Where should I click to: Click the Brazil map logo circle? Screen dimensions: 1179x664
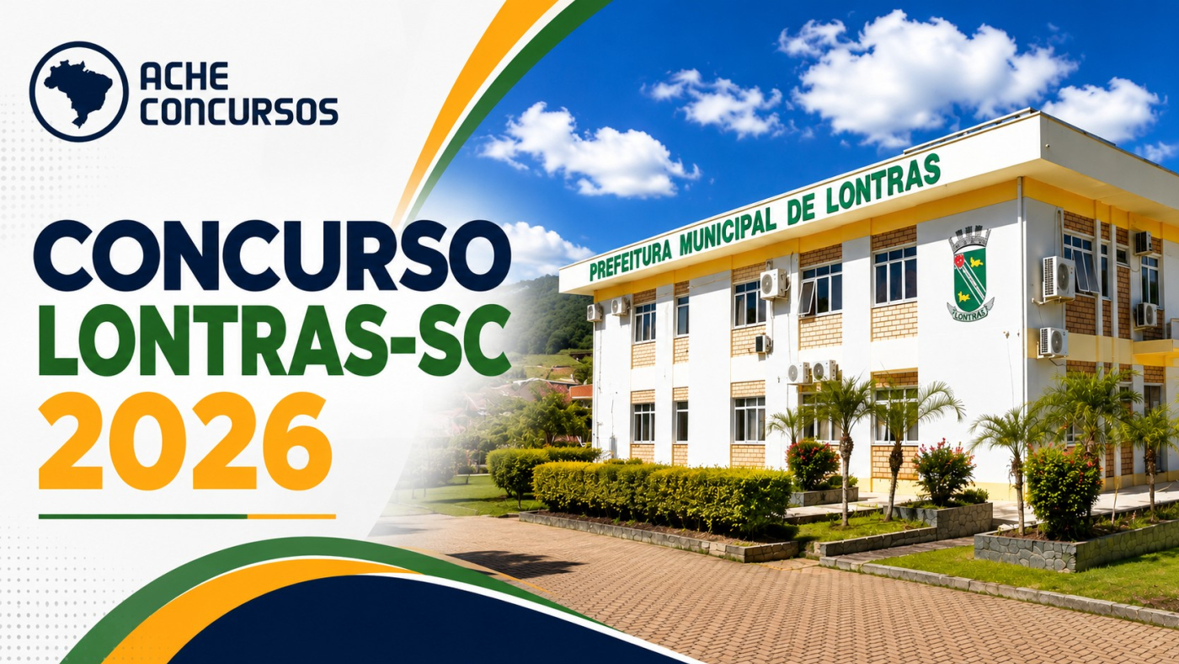[x=79, y=91]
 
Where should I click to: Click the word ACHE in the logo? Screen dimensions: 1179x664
[x=184, y=76]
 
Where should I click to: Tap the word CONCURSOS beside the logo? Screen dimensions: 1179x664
[x=239, y=110]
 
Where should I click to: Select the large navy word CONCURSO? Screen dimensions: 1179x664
[x=273, y=256]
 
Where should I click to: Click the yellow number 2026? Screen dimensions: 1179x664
[x=185, y=442]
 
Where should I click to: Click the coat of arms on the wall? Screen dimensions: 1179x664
[x=969, y=273]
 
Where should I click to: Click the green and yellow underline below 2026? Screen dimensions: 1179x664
[x=187, y=517]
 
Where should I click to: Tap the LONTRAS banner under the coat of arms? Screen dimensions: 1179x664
[x=969, y=313]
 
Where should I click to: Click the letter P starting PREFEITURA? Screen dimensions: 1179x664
[x=594, y=271]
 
